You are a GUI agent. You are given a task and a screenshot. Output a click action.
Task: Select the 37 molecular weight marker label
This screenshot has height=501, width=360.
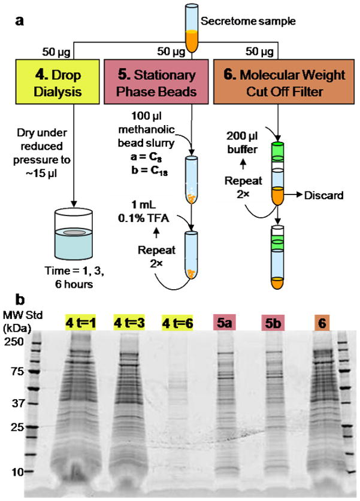click(x=16, y=402)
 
